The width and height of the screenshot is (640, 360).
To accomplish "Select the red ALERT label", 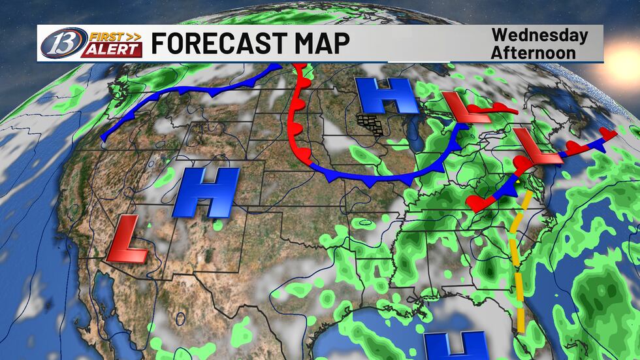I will point(111,50).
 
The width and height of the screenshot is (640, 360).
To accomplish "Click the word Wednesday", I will point(539,35).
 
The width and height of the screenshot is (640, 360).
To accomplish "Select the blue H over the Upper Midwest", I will point(387,97).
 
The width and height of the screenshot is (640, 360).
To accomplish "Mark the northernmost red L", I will point(466,108).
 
